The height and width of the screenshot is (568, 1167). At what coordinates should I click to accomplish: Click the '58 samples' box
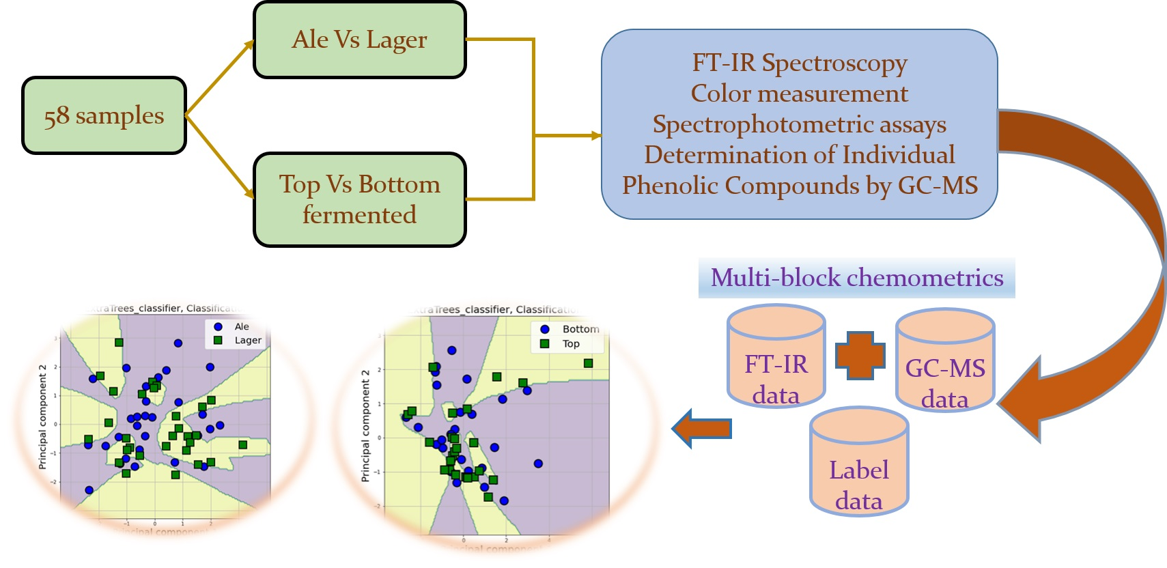[104, 115]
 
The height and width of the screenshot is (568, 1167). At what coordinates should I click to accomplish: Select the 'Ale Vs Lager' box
[359, 40]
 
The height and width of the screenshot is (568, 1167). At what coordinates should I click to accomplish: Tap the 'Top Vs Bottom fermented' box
[359, 199]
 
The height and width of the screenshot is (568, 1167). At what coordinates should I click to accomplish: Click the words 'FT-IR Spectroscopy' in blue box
[799, 63]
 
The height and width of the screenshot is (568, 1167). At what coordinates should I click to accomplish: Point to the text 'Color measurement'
[799, 94]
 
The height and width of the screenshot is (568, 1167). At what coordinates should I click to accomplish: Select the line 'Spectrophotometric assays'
[799, 124]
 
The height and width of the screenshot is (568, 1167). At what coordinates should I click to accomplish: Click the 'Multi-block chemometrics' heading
[856, 278]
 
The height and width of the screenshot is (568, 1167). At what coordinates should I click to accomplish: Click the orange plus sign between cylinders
[860, 355]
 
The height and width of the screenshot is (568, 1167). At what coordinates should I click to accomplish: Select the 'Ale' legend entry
[241, 327]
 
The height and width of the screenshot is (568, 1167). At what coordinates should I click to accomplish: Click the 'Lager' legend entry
[247, 340]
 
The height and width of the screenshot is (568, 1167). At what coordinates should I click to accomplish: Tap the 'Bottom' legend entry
[580, 329]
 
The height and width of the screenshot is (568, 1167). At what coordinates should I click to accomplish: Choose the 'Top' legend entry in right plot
[571, 344]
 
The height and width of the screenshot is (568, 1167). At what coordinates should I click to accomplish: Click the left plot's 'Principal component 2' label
[42, 416]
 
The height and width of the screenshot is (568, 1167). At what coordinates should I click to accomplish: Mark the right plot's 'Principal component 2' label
[365, 426]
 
